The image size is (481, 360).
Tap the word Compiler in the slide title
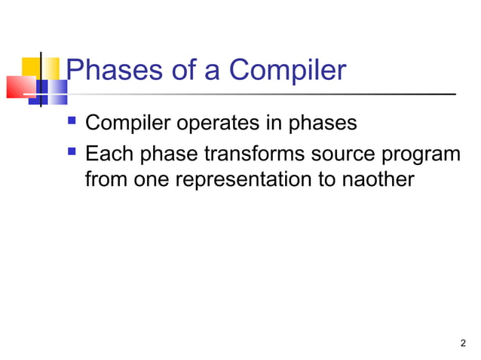tap(287, 71)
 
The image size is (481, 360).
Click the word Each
tap(108, 154)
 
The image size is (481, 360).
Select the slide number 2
tap(462, 344)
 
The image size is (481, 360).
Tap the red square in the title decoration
tap(19, 87)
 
